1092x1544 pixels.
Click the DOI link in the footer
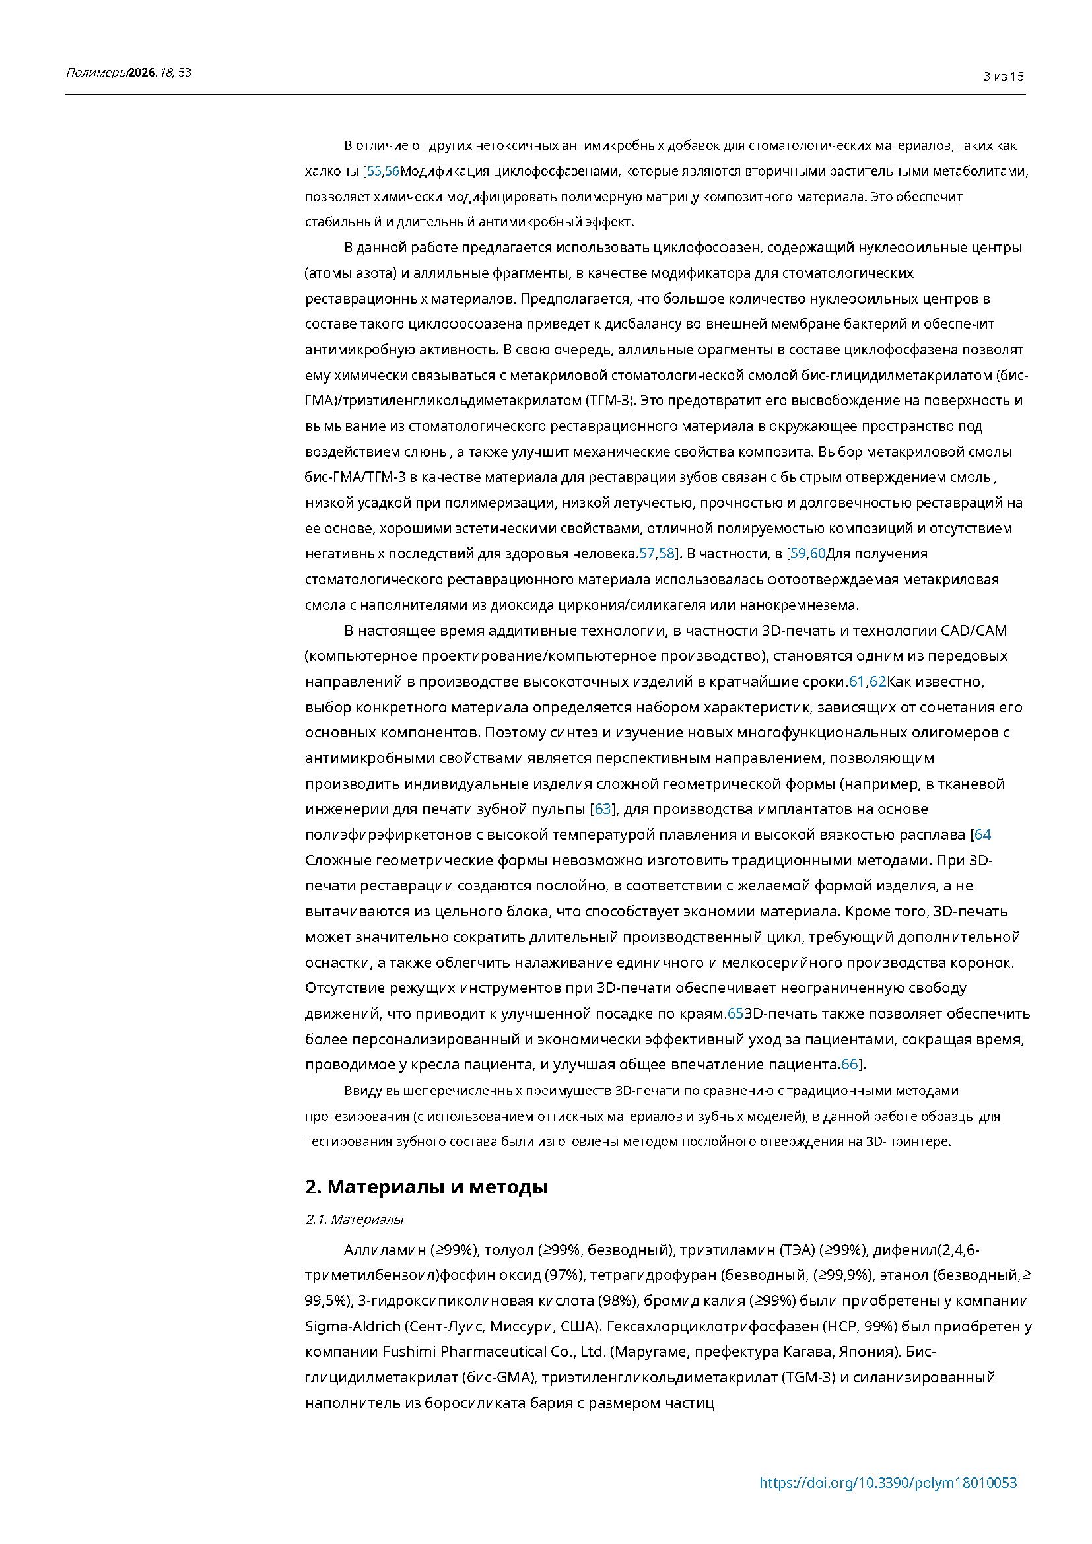(887, 1483)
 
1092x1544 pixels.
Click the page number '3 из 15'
(1004, 77)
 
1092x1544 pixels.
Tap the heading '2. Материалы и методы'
(427, 1187)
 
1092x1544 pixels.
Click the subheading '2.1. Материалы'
(355, 1219)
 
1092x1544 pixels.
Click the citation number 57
(646, 553)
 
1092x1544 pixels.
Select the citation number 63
(603, 809)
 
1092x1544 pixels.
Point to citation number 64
(982, 834)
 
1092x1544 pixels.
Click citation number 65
(735, 1013)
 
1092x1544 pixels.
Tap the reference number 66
(849, 1065)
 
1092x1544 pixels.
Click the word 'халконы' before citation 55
(331, 172)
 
